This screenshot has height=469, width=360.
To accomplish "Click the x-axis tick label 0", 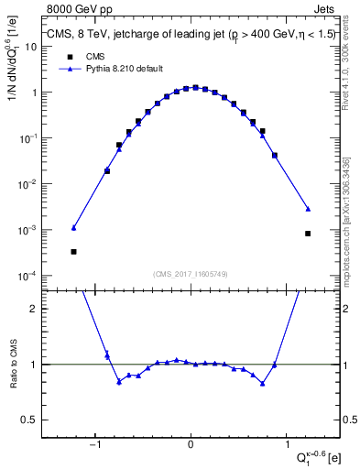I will [191, 445].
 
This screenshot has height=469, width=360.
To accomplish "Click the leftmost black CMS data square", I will [73, 251].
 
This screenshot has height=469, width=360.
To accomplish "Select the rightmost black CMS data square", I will [308, 234].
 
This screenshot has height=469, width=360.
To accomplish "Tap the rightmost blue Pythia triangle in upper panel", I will [308, 209].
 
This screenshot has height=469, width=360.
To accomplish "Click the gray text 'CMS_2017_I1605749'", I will [190, 274].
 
